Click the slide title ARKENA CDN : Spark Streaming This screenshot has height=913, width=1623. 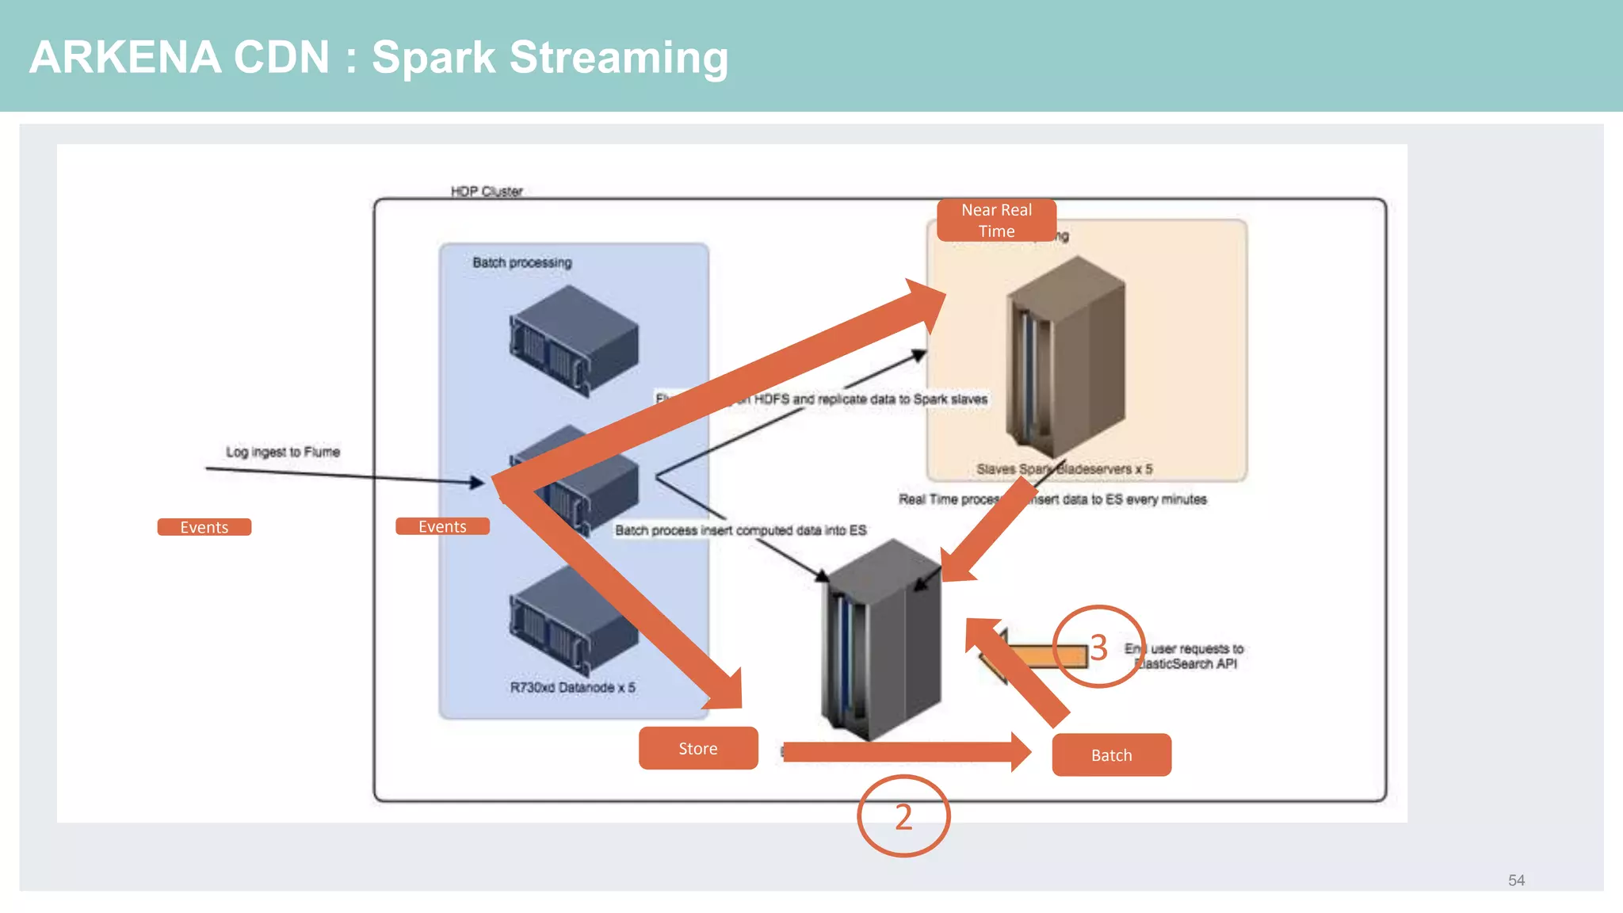click(x=378, y=57)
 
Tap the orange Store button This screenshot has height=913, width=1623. click(x=698, y=748)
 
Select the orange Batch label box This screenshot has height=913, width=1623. click(x=1111, y=755)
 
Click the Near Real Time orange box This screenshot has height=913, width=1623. click(x=996, y=220)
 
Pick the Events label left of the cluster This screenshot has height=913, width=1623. click(x=204, y=527)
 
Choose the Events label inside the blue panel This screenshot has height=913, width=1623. click(x=442, y=526)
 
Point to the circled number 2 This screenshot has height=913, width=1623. click(x=903, y=816)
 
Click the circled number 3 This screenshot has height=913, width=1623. click(x=1098, y=647)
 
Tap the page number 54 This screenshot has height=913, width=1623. click(x=1516, y=881)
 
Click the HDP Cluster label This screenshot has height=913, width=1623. click(x=487, y=191)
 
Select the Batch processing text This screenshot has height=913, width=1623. click(x=521, y=262)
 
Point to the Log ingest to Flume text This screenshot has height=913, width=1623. click(x=283, y=452)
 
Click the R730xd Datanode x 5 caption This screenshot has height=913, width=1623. click(x=572, y=687)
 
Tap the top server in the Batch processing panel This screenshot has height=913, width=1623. click(x=574, y=341)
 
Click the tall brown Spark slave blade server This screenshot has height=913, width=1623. click(x=1066, y=357)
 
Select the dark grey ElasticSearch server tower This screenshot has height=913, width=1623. click(x=881, y=642)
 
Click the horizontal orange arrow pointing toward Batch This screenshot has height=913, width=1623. click(x=903, y=751)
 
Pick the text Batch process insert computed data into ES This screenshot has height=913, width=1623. click(x=740, y=530)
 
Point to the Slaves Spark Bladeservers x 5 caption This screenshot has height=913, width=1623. click(x=1064, y=469)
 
